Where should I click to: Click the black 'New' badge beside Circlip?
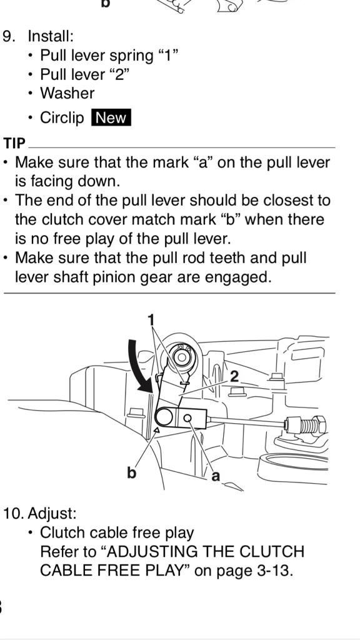[x=111, y=117]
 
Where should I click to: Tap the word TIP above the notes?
[x=14, y=143]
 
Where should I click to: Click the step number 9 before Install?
[x=8, y=36]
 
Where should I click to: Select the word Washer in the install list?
[x=67, y=93]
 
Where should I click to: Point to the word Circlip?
[x=62, y=117]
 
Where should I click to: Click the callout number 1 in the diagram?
[x=151, y=319]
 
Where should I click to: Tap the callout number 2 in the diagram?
[x=234, y=376]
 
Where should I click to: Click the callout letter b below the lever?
[x=131, y=472]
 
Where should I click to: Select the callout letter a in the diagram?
[x=216, y=476]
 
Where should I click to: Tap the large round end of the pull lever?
[x=166, y=417]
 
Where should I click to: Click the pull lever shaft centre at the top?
[x=181, y=357]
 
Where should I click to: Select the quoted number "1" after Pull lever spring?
[x=167, y=55]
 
